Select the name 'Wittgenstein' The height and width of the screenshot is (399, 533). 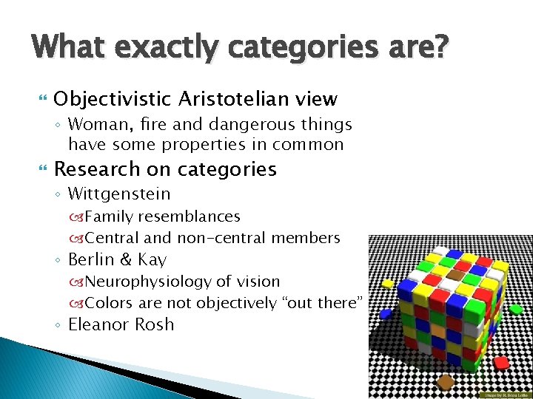[119, 194]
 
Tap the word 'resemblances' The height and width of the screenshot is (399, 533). [189, 216]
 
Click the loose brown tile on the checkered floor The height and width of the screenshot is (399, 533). [446, 382]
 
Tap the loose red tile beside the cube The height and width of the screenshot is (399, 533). [502, 363]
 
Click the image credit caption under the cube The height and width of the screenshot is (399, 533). [503, 394]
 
